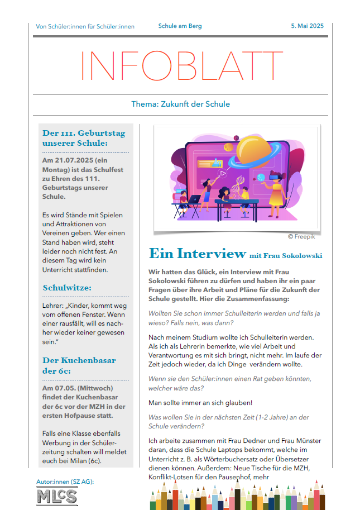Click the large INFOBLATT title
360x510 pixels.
click(x=180, y=66)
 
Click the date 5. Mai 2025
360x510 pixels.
click(x=307, y=26)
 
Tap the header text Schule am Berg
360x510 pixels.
click(x=180, y=26)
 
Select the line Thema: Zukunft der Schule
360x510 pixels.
click(x=180, y=104)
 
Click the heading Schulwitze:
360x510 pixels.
click(x=67, y=288)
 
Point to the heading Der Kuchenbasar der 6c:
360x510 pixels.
click(x=79, y=365)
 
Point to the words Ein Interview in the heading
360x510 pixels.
click(x=197, y=254)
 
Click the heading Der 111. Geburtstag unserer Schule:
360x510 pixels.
click(x=84, y=138)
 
